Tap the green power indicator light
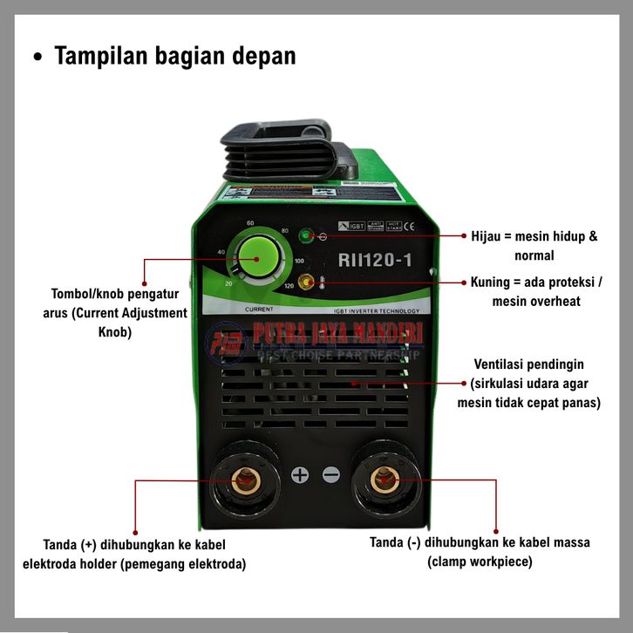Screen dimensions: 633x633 click(x=305, y=235)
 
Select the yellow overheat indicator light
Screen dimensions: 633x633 click(x=306, y=282)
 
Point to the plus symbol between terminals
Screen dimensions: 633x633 click(x=300, y=475)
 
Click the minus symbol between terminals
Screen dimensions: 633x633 click(x=330, y=475)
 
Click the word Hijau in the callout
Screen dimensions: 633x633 click(x=488, y=237)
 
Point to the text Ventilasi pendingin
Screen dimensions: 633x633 click(x=528, y=364)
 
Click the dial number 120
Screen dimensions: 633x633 click(x=289, y=286)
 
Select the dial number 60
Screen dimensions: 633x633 click(x=250, y=222)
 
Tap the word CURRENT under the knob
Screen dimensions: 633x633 click(x=261, y=310)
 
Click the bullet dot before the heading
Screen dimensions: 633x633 click(x=37, y=57)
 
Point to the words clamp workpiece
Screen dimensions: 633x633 click(x=480, y=562)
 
